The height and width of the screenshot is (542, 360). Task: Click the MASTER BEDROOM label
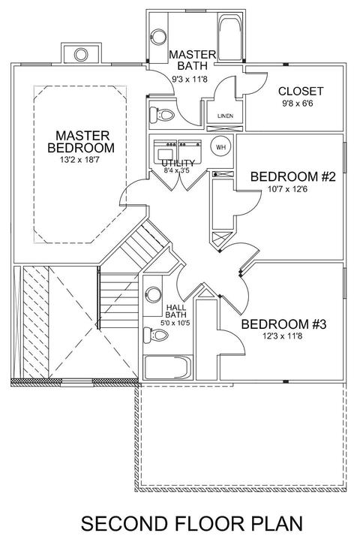tap(81, 141)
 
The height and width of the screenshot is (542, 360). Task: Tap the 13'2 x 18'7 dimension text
tap(79, 160)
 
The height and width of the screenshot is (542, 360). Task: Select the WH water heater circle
tap(221, 146)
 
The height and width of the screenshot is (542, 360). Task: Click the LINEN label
tap(225, 116)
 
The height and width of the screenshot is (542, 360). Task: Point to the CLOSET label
tap(301, 92)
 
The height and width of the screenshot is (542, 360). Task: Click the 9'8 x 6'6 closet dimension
tap(298, 103)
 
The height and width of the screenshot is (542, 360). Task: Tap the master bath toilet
tap(162, 114)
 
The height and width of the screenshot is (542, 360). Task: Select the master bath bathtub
tap(229, 38)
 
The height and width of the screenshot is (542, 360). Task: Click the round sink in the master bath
tap(158, 37)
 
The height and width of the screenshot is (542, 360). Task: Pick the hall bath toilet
tap(156, 335)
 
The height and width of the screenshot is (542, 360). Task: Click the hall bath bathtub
tap(167, 367)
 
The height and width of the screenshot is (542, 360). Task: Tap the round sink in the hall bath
tap(153, 295)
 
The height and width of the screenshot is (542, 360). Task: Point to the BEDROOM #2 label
tap(293, 176)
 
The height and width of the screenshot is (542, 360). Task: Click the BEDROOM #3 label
tap(283, 324)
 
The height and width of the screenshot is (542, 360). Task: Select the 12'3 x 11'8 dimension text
tap(282, 336)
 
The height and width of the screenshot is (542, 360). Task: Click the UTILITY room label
tap(178, 163)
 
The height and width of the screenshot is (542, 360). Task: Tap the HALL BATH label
tap(175, 311)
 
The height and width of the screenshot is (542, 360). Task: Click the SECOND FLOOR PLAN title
tap(192, 523)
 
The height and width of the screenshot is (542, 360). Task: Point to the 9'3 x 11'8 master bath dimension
tap(190, 79)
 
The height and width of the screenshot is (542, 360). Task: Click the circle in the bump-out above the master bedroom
tap(81, 54)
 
